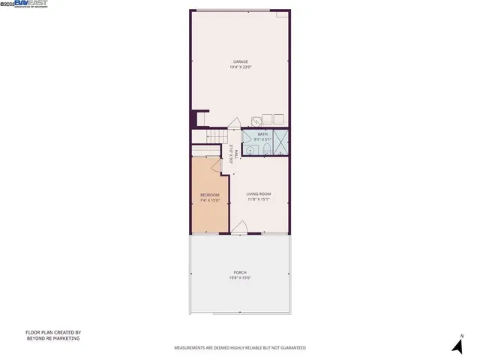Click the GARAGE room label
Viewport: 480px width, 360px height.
click(x=240, y=61)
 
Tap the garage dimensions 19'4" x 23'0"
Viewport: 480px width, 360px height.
click(x=240, y=67)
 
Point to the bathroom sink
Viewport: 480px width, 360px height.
click(x=250, y=149)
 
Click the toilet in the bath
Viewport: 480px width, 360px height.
click(x=264, y=149)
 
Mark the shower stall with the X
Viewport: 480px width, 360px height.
click(x=281, y=142)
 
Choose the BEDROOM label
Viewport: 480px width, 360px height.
click(x=209, y=195)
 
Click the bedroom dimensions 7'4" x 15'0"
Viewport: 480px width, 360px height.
click(x=209, y=200)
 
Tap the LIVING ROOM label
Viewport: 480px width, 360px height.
click(x=259, y=194)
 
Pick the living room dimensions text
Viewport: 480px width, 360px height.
click(x=259, y=199)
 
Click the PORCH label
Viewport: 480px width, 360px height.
click(x=240, y=272)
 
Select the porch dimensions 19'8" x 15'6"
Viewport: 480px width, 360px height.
click(x=240, y=278)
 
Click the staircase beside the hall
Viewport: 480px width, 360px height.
click(x=214, y=135)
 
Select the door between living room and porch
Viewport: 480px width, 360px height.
click(x=240, y=226)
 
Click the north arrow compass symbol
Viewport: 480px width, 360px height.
click(x=457, y=344)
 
